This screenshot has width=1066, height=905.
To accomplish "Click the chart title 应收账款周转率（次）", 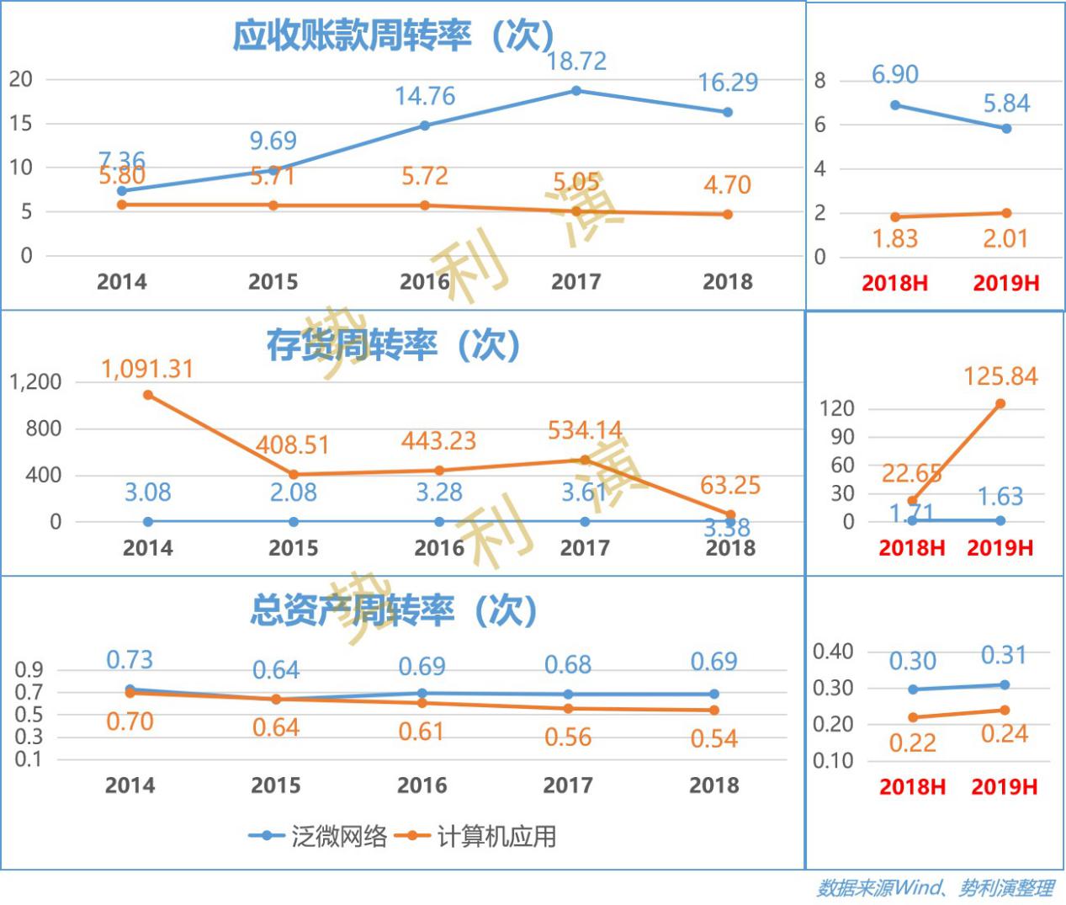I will (x=394, y=36).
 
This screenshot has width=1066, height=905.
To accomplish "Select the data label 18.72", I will (x=575, y=61).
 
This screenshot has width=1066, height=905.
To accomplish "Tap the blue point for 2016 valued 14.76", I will (x=425, y=125).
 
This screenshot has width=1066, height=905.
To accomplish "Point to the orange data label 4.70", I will (x=727, y=185).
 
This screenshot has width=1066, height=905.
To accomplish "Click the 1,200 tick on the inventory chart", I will (x=35, y=382).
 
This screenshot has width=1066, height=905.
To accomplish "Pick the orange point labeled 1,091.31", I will (x=148, y=395).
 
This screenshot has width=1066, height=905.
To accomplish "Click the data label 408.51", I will (x=293, y=445).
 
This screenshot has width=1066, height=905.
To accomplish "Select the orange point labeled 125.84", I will (x=1000, y=404).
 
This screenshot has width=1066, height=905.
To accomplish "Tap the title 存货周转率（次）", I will (x=394, y=345).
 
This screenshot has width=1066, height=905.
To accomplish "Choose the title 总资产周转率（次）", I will (x=394, y=610).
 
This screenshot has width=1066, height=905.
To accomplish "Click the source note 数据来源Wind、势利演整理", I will (x=934, y=888).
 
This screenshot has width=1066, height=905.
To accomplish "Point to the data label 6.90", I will (x=894, y=75).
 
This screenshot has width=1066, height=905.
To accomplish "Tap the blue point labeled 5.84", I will (x=1006, y=129).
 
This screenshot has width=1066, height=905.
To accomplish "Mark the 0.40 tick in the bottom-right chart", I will (x=832, y=652).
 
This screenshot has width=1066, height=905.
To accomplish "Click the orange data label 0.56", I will (x=568, y=738).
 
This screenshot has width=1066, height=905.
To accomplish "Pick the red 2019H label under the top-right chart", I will (x=1006, y=284).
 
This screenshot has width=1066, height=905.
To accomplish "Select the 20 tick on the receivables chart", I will (x=21, y=80).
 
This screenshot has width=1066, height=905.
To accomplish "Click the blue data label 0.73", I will (x=130, y=660).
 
